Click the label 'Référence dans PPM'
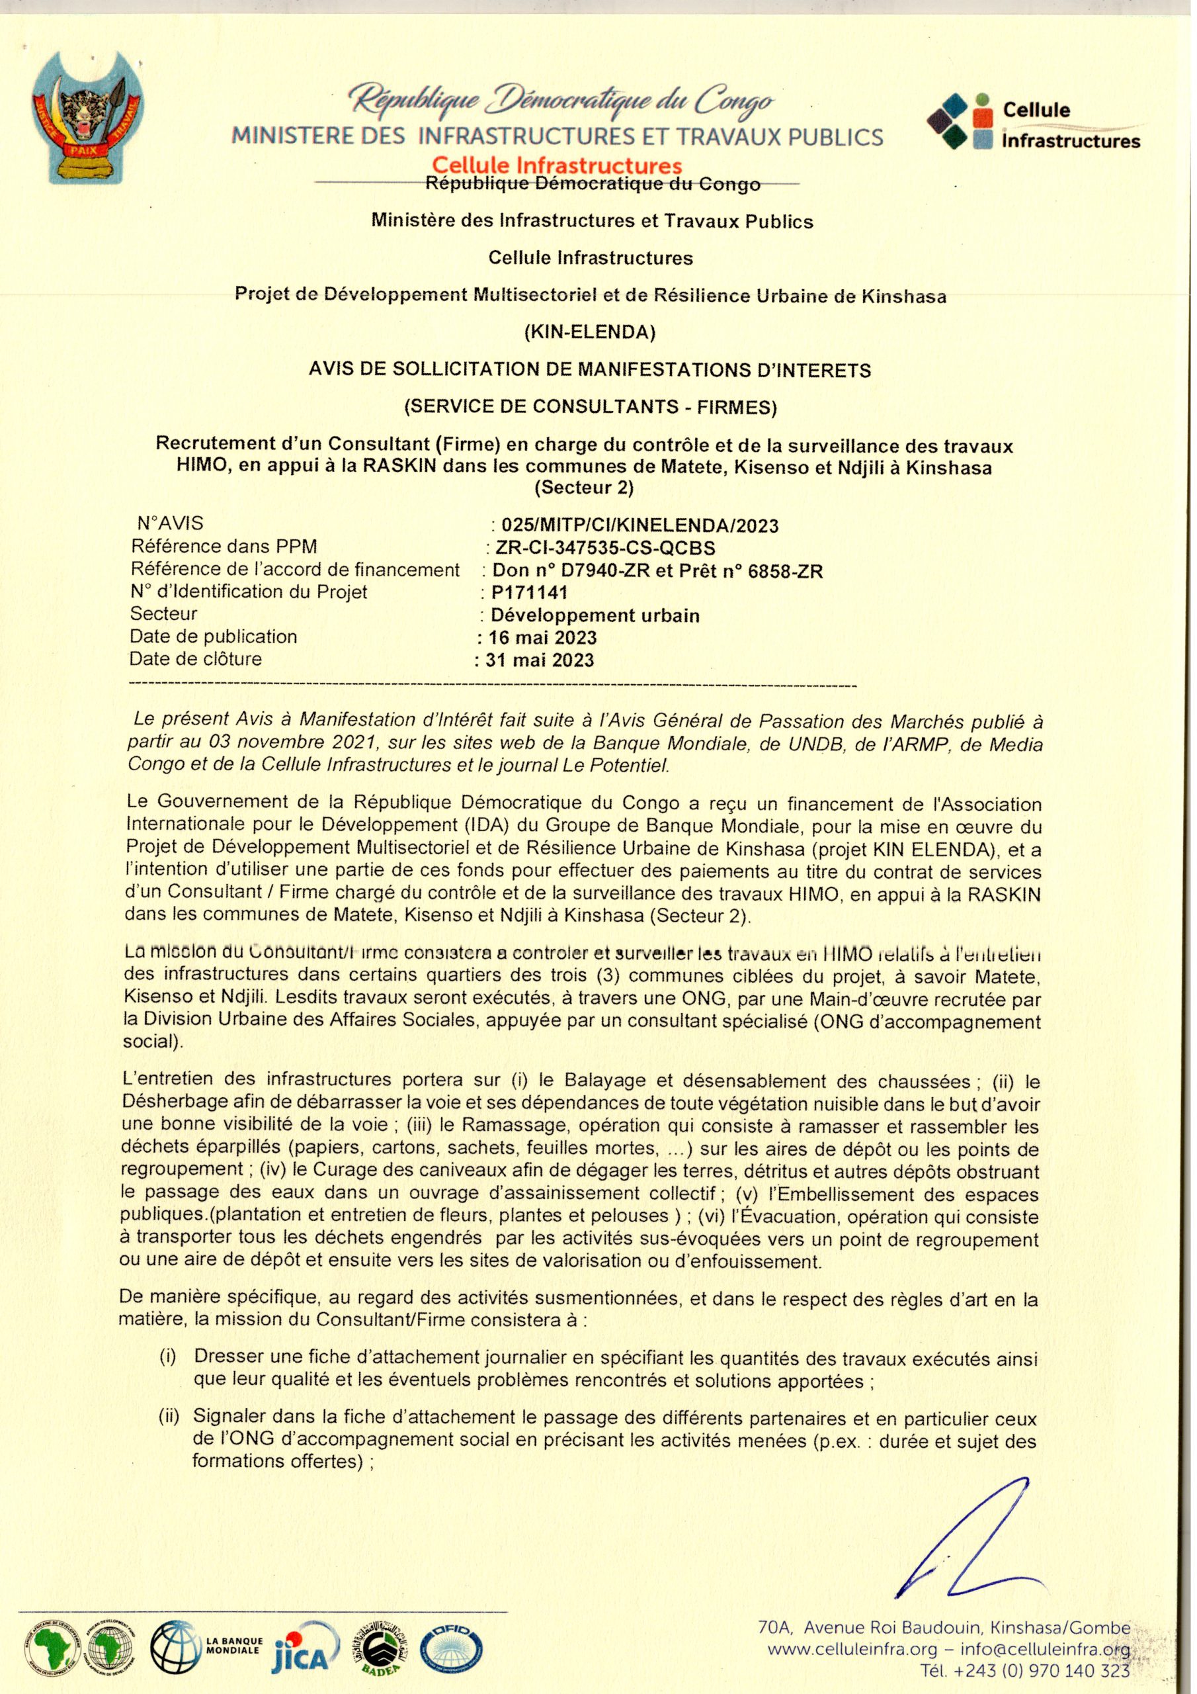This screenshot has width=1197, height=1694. pos(224,547)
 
